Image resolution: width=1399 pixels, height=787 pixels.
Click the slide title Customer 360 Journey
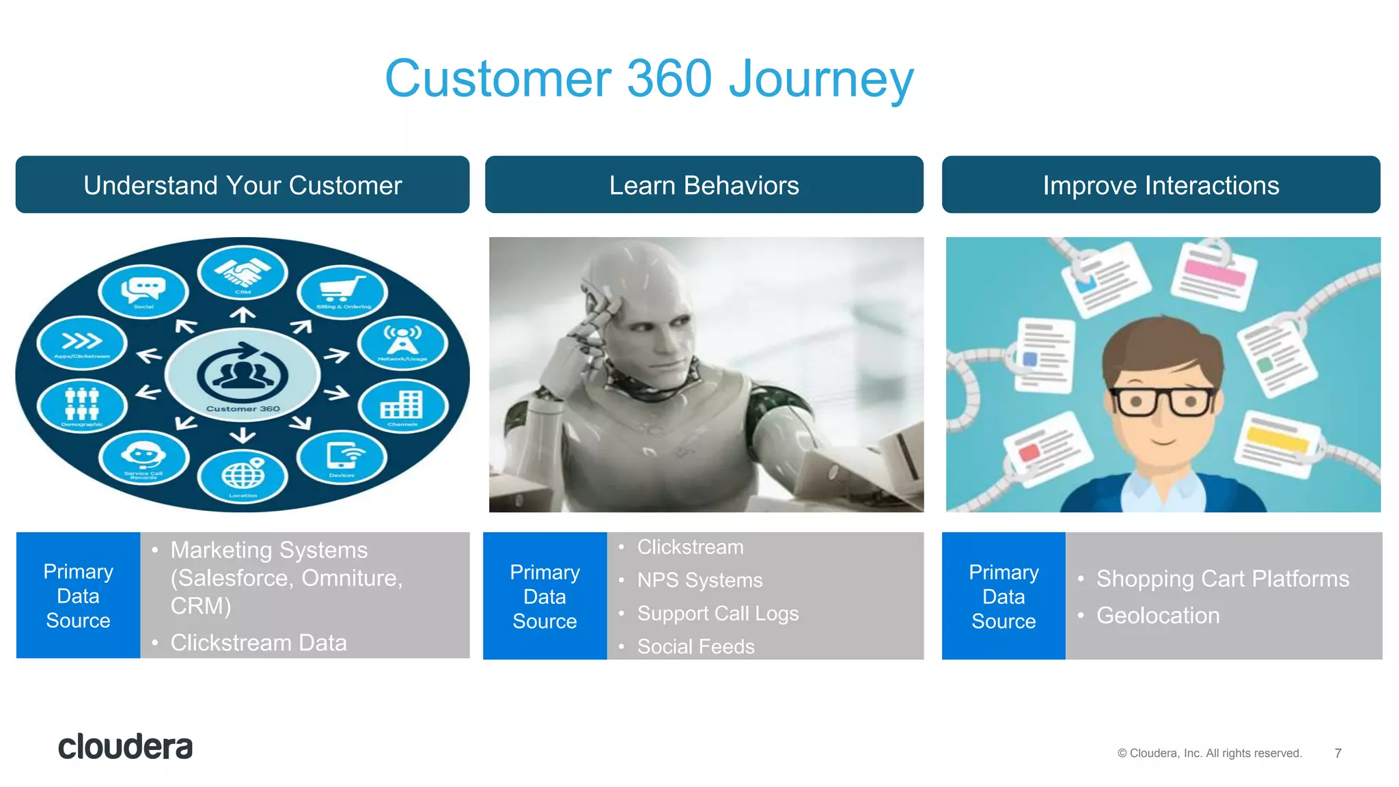(x=649, y=79)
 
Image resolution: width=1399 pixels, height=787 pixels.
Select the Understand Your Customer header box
(x=243, y=185)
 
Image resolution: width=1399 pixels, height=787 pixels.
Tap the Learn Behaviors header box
(x=704, y=185)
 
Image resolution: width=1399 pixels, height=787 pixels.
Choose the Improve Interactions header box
(x=1161, y=185)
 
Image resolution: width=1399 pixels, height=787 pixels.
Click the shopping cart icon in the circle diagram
(x=342, y=290)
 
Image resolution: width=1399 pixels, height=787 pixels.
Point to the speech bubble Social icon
(x=143, y=290)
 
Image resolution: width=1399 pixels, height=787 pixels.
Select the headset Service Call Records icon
(x=143, y=456)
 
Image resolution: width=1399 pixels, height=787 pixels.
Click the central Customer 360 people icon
(x=243, y=375)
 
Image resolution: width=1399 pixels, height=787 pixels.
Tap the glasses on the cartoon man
(x=1163, y=402)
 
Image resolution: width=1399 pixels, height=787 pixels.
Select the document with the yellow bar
(x=1277, y=443)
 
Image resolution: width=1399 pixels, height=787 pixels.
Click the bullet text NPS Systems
(x=699, y=580)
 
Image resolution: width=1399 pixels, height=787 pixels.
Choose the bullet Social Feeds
(x=695, y=646)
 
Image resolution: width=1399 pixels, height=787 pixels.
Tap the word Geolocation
(x=1157, y=616)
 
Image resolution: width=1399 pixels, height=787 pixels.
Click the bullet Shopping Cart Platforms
(x=1222, y=579)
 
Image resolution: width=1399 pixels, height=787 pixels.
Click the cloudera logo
(x=125, y=747)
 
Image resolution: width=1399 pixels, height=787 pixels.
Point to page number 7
(x=1338, y=753)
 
